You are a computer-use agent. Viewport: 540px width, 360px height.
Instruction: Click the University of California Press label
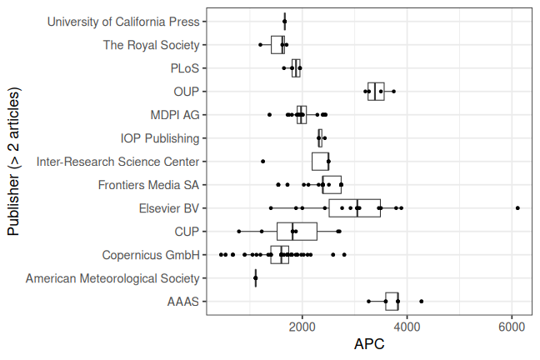pos(124,22)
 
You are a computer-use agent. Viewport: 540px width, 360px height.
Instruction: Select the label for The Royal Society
pos(151,45)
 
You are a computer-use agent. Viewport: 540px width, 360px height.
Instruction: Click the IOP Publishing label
pos(160,138)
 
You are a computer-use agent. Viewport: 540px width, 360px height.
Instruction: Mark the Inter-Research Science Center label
pos(118,162)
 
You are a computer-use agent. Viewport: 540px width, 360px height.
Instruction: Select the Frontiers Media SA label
pos(148,185)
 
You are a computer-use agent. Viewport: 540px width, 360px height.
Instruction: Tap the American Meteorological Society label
pos(112,278)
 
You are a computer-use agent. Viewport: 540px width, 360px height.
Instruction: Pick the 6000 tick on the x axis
pos(512,327)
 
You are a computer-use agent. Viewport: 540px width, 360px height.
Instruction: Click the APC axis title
pos(369,344)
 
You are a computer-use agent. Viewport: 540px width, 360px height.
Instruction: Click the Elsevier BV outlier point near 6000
pos(517,207)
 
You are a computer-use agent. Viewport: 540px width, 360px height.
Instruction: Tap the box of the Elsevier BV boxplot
pos(354,208)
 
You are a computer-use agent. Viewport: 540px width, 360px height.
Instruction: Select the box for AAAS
pos(392,302)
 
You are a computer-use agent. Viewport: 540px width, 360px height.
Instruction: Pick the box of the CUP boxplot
pos(297,232)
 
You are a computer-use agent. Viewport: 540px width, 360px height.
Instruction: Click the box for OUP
pos(376,92)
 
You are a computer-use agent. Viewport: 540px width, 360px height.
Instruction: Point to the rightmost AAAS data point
pos(422,301)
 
